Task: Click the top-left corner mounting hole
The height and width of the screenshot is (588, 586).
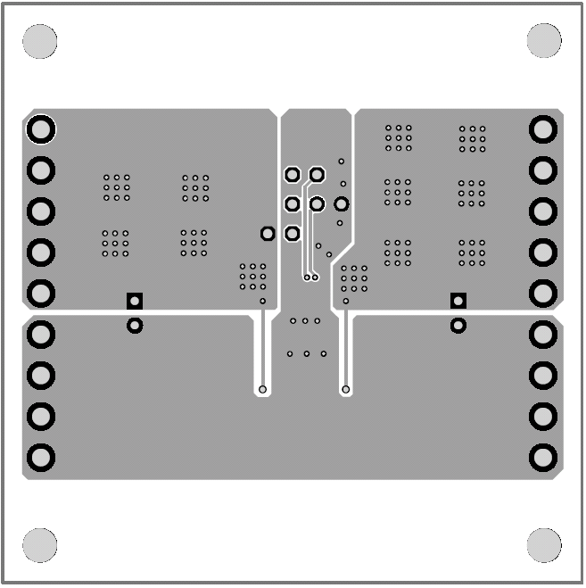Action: tap(39, 41)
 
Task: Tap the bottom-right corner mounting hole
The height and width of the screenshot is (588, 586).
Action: tap(544, 545)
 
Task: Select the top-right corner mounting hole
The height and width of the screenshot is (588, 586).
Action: tap(544, 41)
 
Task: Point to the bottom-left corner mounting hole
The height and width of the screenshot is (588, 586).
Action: tap(39, 545)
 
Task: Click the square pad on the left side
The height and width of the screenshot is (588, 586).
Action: tap(135, 301)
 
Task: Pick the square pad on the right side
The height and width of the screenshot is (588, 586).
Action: tap(458, 301)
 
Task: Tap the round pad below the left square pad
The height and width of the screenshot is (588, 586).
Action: tap(135, 326)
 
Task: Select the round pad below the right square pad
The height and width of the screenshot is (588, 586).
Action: tap(458, 326)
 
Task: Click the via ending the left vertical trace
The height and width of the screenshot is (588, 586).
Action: tap(263, 390)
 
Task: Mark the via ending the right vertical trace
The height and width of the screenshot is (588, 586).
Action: tap(345, 390)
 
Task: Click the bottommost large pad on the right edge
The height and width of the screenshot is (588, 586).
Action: tap(542, 458)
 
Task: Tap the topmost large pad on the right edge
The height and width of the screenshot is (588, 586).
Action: tap(542, 129)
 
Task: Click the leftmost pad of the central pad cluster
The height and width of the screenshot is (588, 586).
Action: tap(267, 234)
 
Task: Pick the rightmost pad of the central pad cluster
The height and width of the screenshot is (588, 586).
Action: tap(342, 204)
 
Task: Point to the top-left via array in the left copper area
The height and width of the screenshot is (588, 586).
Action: tap(116, 187)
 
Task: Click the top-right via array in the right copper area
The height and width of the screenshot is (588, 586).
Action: tap(473, 137)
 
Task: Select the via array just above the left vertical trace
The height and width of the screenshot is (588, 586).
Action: tap(252, 277)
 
